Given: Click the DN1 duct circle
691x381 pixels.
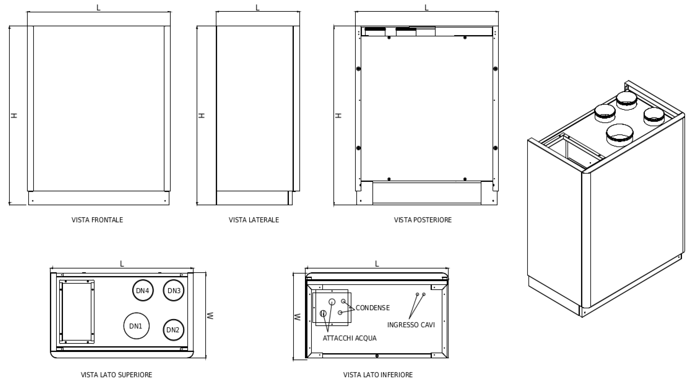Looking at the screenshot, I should click(136, 326).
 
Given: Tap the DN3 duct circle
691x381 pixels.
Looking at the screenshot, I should click(174, 290).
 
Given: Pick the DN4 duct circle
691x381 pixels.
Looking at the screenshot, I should click(143, 290).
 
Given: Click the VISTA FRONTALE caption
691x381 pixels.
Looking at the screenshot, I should click(97, 220).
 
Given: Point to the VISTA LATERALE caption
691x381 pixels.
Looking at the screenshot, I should click(254, 220).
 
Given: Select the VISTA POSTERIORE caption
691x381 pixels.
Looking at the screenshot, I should click(423, 220).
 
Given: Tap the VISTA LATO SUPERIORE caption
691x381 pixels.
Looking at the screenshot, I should click(116, 374).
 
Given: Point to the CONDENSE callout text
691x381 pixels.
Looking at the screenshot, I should click(373, 308).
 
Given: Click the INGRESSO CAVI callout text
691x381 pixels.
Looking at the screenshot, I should click(411, 325).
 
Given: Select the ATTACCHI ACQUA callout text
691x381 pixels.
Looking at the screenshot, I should click(349, 338).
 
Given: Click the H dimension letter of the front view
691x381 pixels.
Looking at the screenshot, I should click(14, 115).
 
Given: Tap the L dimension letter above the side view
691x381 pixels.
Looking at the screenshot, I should click(258, 8).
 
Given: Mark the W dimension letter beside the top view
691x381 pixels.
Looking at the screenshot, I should click(211, 315).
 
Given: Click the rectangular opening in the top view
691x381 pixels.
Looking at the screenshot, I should click(77, 312).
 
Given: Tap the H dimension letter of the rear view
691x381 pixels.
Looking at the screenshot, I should click(339, 116).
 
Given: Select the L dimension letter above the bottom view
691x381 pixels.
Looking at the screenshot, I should click(377, 264).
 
